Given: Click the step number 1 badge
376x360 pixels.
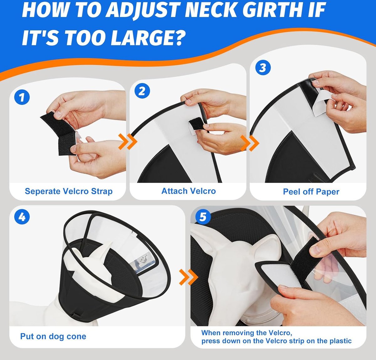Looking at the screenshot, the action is tap(22, 97).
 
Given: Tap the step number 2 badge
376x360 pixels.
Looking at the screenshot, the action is tap(142, 91).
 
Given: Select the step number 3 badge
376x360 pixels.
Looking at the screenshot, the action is tap(263, 67).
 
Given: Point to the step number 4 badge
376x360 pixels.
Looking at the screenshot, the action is tap(22, 217).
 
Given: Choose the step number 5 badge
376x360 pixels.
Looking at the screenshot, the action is tap(203, 217).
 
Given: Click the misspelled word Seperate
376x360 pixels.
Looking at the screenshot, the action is tap(43, 192).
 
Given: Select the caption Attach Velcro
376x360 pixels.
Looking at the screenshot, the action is tap(189, 191).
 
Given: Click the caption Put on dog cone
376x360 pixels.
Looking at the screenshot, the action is tap(53, 337).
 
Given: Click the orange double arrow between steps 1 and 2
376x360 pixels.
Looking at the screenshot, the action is tap(128, 141).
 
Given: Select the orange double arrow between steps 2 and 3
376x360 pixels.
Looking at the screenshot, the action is tap(250, 143).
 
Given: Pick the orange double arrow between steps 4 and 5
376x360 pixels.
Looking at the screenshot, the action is tap(189, 277).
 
